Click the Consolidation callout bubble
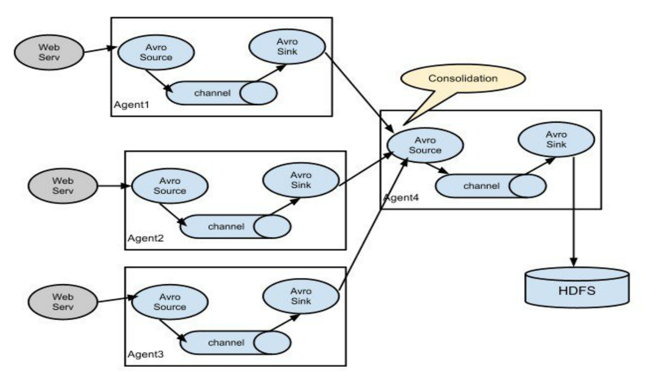pyautogui.click(x=463, y=79)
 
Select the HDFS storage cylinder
pyautogui.click(x=577, y=287)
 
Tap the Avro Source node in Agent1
pyautogui.click(x=156, y=52)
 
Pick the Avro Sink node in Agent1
pyautogui.click(x=287, y=47)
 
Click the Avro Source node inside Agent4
pyautogui.click(x=425, y=145)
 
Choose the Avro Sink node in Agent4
pyautogui.click(x=556, y=139)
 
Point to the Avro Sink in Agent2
pyautogui.click(x=301, y=180)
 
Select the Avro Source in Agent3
pyautogui.click(x=170, y=302)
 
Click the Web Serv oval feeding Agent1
pyautogui.click(x=49, y=52)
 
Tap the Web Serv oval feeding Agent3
pyautogui.click(x=63, y=302)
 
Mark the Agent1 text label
pyautogui.click(x=131, y=105)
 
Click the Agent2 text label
pyautogui.click(x=146, y=238)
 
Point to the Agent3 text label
pyautogui.click(x=146, y=355)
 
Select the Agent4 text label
pyautogui.click(x=401, y=197)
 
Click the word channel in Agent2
pyautogui.click(x=226, y=227)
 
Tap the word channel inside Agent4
pyautogui.click(x=481, y=186)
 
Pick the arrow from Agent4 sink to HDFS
pyautogui.click(x=574, y=211)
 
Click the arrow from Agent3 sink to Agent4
pyautogui.click(x=374, y=224)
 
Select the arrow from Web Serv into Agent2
pyautogui.click(x=114, y=186)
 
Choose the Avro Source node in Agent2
pyautogui.click(x=170, y=186)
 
